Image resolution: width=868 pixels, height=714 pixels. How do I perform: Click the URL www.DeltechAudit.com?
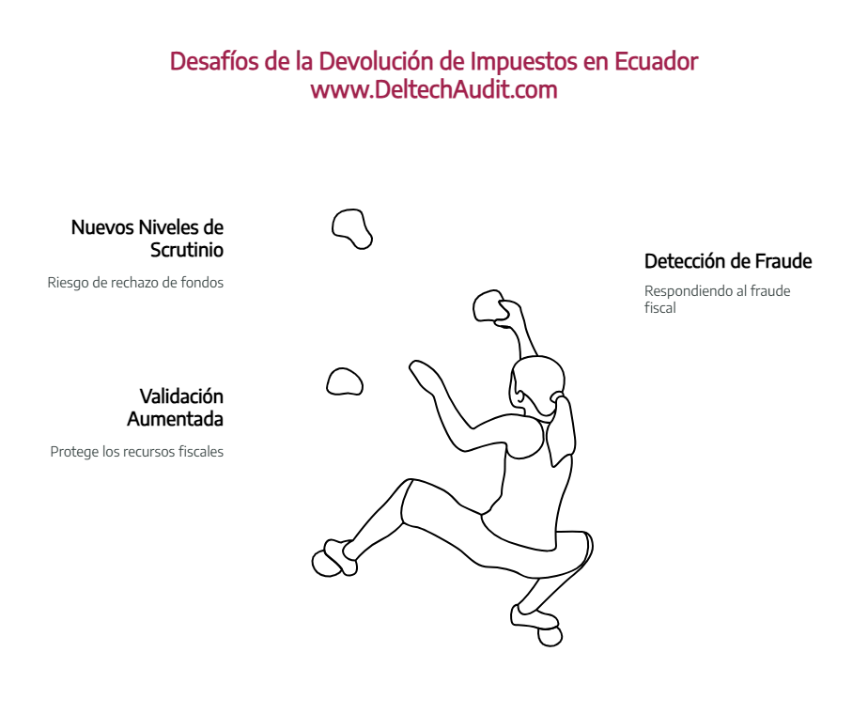(434, 90)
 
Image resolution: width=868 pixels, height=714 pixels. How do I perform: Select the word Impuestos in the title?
(523, 62)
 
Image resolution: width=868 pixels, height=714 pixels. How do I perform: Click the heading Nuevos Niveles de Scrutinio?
(147, 239)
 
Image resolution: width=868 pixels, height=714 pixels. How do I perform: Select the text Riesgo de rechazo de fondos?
(135, 282)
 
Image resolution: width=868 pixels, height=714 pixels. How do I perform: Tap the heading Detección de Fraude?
(727, 261)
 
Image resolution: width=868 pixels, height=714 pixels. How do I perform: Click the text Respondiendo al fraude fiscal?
(717, 298)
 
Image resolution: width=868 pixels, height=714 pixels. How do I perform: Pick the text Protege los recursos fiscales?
(136, 451)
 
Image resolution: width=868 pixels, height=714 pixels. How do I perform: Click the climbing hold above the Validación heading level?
(345, 380)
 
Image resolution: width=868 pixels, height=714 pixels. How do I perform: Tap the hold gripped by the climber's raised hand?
(490, 304)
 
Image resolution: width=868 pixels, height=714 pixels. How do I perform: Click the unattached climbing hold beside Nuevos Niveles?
(352, 227)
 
